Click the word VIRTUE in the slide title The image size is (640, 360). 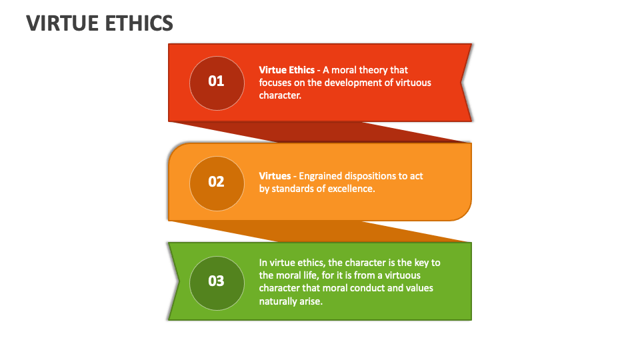click(62, 23)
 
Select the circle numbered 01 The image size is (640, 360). click(217, 83)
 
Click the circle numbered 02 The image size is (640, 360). click(217, 183)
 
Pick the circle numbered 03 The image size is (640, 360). click(217, 283)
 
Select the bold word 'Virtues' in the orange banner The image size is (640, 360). click(275, 176)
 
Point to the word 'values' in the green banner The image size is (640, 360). click(420, 288)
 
